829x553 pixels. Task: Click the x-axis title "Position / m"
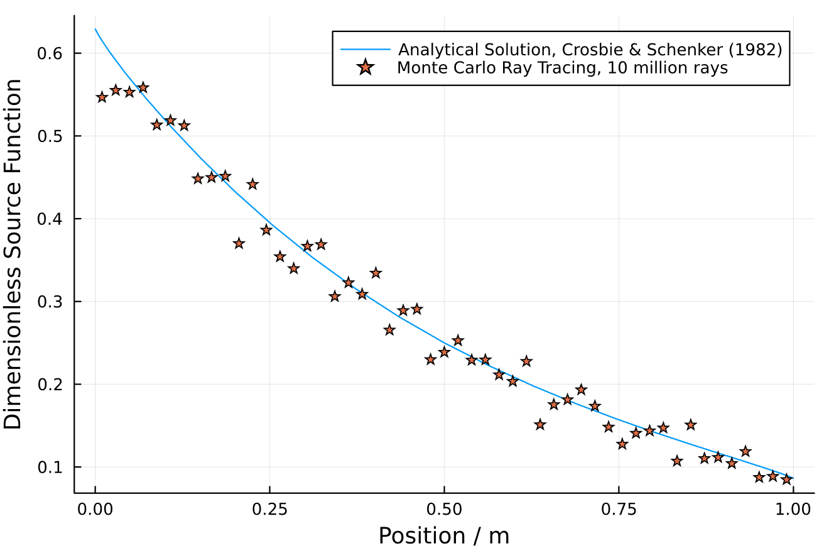point(444,535)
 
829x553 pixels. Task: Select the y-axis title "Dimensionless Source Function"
point(14,255)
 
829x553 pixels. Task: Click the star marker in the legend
point(366,68)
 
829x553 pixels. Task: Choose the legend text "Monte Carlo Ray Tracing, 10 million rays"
point(562,68)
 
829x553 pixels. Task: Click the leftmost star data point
point(102,97)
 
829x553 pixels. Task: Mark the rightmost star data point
point(786,479)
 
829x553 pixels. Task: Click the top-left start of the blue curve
point(95,29)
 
